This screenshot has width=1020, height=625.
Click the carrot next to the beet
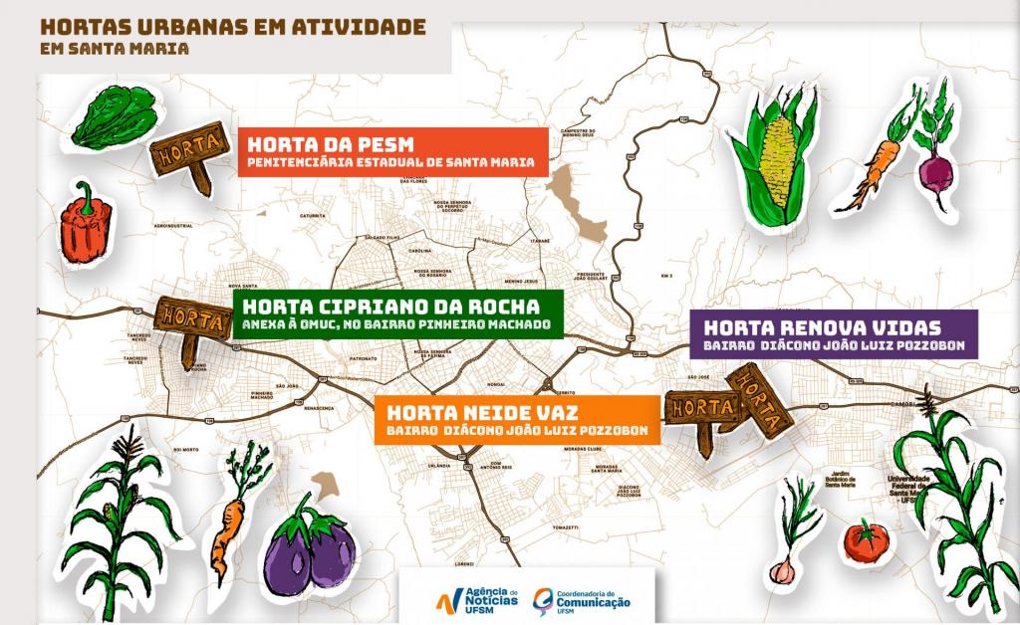click(874, 159)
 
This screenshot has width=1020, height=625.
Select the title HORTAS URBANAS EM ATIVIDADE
click(233, 25)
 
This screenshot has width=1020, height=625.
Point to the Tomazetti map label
click(565, 526)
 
